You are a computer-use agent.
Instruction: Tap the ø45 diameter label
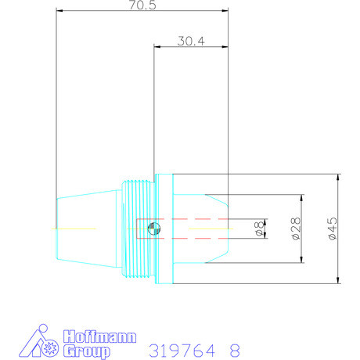(333, 229)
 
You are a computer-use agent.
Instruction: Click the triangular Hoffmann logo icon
(37, 342)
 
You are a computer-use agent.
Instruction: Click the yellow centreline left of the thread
(74, 228)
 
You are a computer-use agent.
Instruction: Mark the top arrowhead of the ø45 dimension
(337, 177)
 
